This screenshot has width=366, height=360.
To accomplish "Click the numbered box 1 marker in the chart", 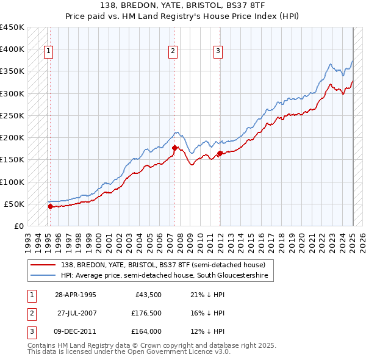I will [x=48, y=51].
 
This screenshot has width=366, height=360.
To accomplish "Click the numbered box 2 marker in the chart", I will [x=173, y=51].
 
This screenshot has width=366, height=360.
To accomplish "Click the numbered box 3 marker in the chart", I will [x=218, y=51].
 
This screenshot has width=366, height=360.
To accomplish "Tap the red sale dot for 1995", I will [x=50, y=207].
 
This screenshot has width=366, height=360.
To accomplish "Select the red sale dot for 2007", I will [x=174, y=148].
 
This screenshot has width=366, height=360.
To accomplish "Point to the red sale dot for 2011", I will [x=220, y=153].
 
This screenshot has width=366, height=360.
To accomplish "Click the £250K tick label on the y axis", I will [x=12, y=115].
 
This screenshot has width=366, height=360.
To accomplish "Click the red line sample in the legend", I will [x=43, y=265].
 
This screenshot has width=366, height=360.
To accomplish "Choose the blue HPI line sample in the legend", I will [x=43, y=276].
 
